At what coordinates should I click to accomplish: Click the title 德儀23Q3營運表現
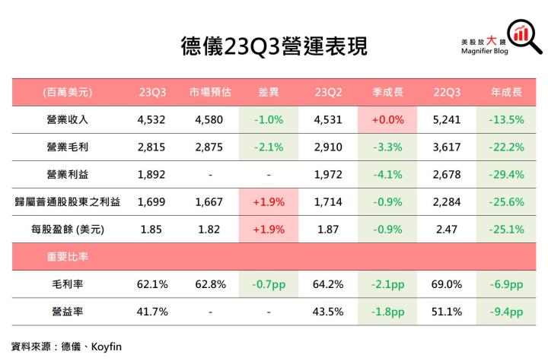tap(274, 46)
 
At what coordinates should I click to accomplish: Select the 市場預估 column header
tap(209, 92)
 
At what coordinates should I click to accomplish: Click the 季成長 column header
tap(387, 92)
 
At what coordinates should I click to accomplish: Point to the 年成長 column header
tap(506, 92)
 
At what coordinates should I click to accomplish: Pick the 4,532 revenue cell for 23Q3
tap(152, 119)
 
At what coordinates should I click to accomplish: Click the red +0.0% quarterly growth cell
tap(387, 119)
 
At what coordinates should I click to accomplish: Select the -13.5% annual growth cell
tap(506, 119)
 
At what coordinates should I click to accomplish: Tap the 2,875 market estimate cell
tap(209, 147)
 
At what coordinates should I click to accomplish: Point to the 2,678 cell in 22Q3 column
tap(447, 174)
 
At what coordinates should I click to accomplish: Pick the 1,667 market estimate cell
tap(209, 201)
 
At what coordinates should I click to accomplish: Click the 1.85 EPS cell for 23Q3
tap(152, 229)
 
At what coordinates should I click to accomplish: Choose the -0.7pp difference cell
tap(269, 284)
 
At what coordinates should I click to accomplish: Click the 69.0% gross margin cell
tap(447, 284)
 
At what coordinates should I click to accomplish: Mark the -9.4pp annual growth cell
tap(506, 312)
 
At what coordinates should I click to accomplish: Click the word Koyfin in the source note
tap(107, 347)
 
